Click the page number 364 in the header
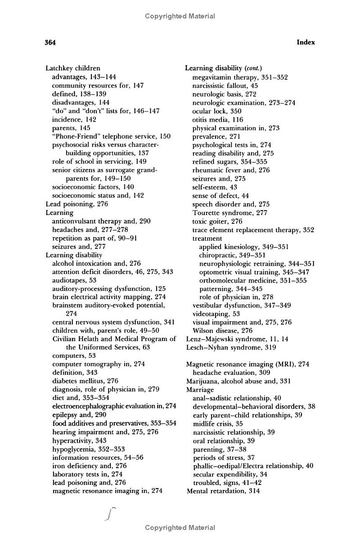[x=50, y=43]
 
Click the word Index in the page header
[x=306, y=43]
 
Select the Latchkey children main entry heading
[x=73, y=68]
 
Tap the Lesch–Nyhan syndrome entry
[x=231, y=347]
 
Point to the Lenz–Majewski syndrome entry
[x=237, y=339]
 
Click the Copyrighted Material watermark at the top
[x=180, y=17]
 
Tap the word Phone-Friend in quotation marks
[x=74, y=136]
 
